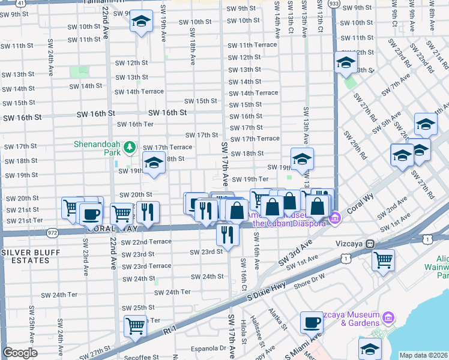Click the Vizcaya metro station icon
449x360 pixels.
[x=371, y=244]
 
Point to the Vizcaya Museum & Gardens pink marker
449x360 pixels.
[x=388, y=316]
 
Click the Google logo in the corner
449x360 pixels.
[x=20, y=353]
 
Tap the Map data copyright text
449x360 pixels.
[x=423, y=355]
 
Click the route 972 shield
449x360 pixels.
[x=53, y=231]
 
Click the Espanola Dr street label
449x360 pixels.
[x=205, y=347]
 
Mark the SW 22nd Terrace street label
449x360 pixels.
[x=146, y=242]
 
